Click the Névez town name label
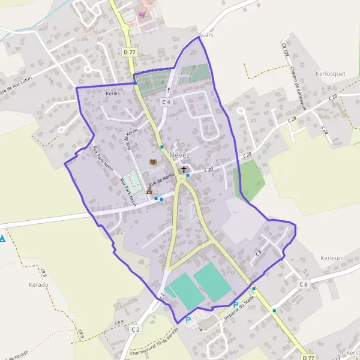[x=180, y=155]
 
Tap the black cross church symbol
[x=184, y=170]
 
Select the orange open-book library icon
[x=153, y=162]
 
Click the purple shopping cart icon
[x=142, y=14]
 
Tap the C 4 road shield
[x=167, y=103]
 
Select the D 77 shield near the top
[x=130, y=53]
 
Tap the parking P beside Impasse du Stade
[x=236, y=304]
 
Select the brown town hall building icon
[x=149, y=191]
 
